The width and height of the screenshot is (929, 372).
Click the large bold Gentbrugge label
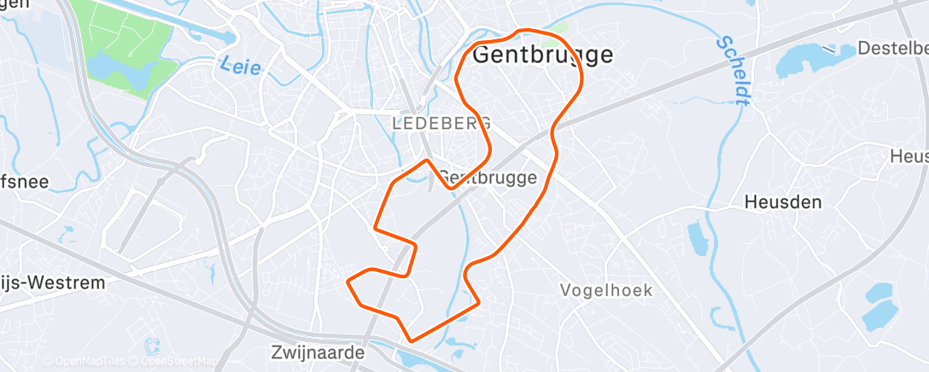point(541,55)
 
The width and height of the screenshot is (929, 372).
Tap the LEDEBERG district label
point(441,124)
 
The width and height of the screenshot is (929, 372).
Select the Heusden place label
point(782,203)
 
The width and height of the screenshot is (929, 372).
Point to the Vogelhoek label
point(606,291)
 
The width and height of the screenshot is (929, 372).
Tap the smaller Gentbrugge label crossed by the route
point(488,178)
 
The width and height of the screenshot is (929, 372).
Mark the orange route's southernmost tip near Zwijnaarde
point(412,340)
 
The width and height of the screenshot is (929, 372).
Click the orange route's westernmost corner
point(348,280)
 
